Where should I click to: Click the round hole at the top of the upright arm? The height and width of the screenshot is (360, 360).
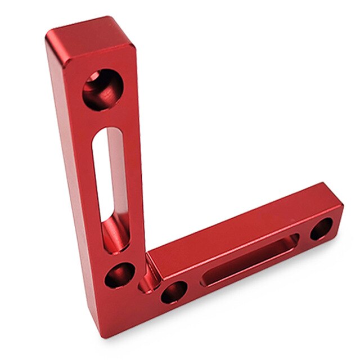click(102, 89)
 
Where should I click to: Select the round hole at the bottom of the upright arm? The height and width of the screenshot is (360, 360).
click(120, 276)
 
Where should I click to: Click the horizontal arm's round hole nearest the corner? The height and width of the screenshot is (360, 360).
click(174, 292)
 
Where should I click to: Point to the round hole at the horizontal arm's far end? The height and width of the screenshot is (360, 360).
click(321, 228)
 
